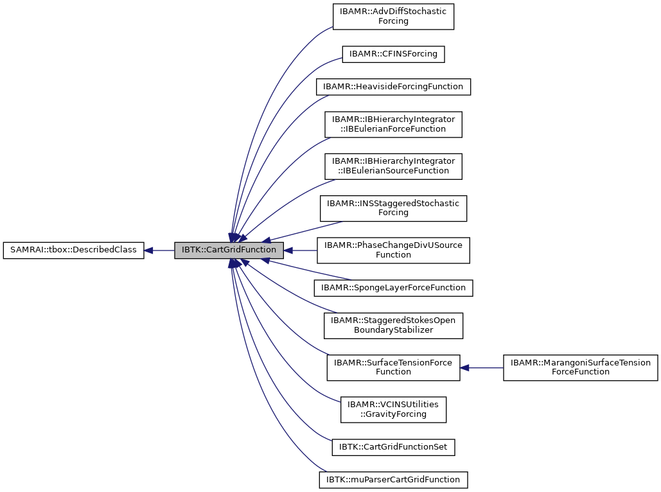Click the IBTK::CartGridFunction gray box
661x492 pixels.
[229, 250]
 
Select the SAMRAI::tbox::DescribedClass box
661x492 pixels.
[73, 250]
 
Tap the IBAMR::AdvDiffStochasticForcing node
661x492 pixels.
[393, 16]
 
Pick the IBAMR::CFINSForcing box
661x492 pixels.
[393, 54]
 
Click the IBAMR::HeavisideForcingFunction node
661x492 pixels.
[393, 86]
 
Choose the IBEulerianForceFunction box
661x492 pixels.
[393, 124]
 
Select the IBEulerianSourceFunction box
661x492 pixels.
[393, 166]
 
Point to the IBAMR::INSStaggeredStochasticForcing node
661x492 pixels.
[393, 208]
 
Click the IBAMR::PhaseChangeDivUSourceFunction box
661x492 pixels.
[393, 250]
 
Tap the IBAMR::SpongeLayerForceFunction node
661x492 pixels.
[393, 288]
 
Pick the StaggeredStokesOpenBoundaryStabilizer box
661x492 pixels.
[393, 325]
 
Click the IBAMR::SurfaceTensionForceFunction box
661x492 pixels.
[393, 367]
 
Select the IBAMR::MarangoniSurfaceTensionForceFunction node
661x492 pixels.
[580, 367]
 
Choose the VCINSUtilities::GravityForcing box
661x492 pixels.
[393, 410]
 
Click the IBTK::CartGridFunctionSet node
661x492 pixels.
[393, 447]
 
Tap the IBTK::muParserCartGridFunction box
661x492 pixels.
[393, 479]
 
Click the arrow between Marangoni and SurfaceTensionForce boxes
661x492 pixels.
[482, 367]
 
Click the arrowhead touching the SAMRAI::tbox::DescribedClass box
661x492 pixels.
[148, 250]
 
